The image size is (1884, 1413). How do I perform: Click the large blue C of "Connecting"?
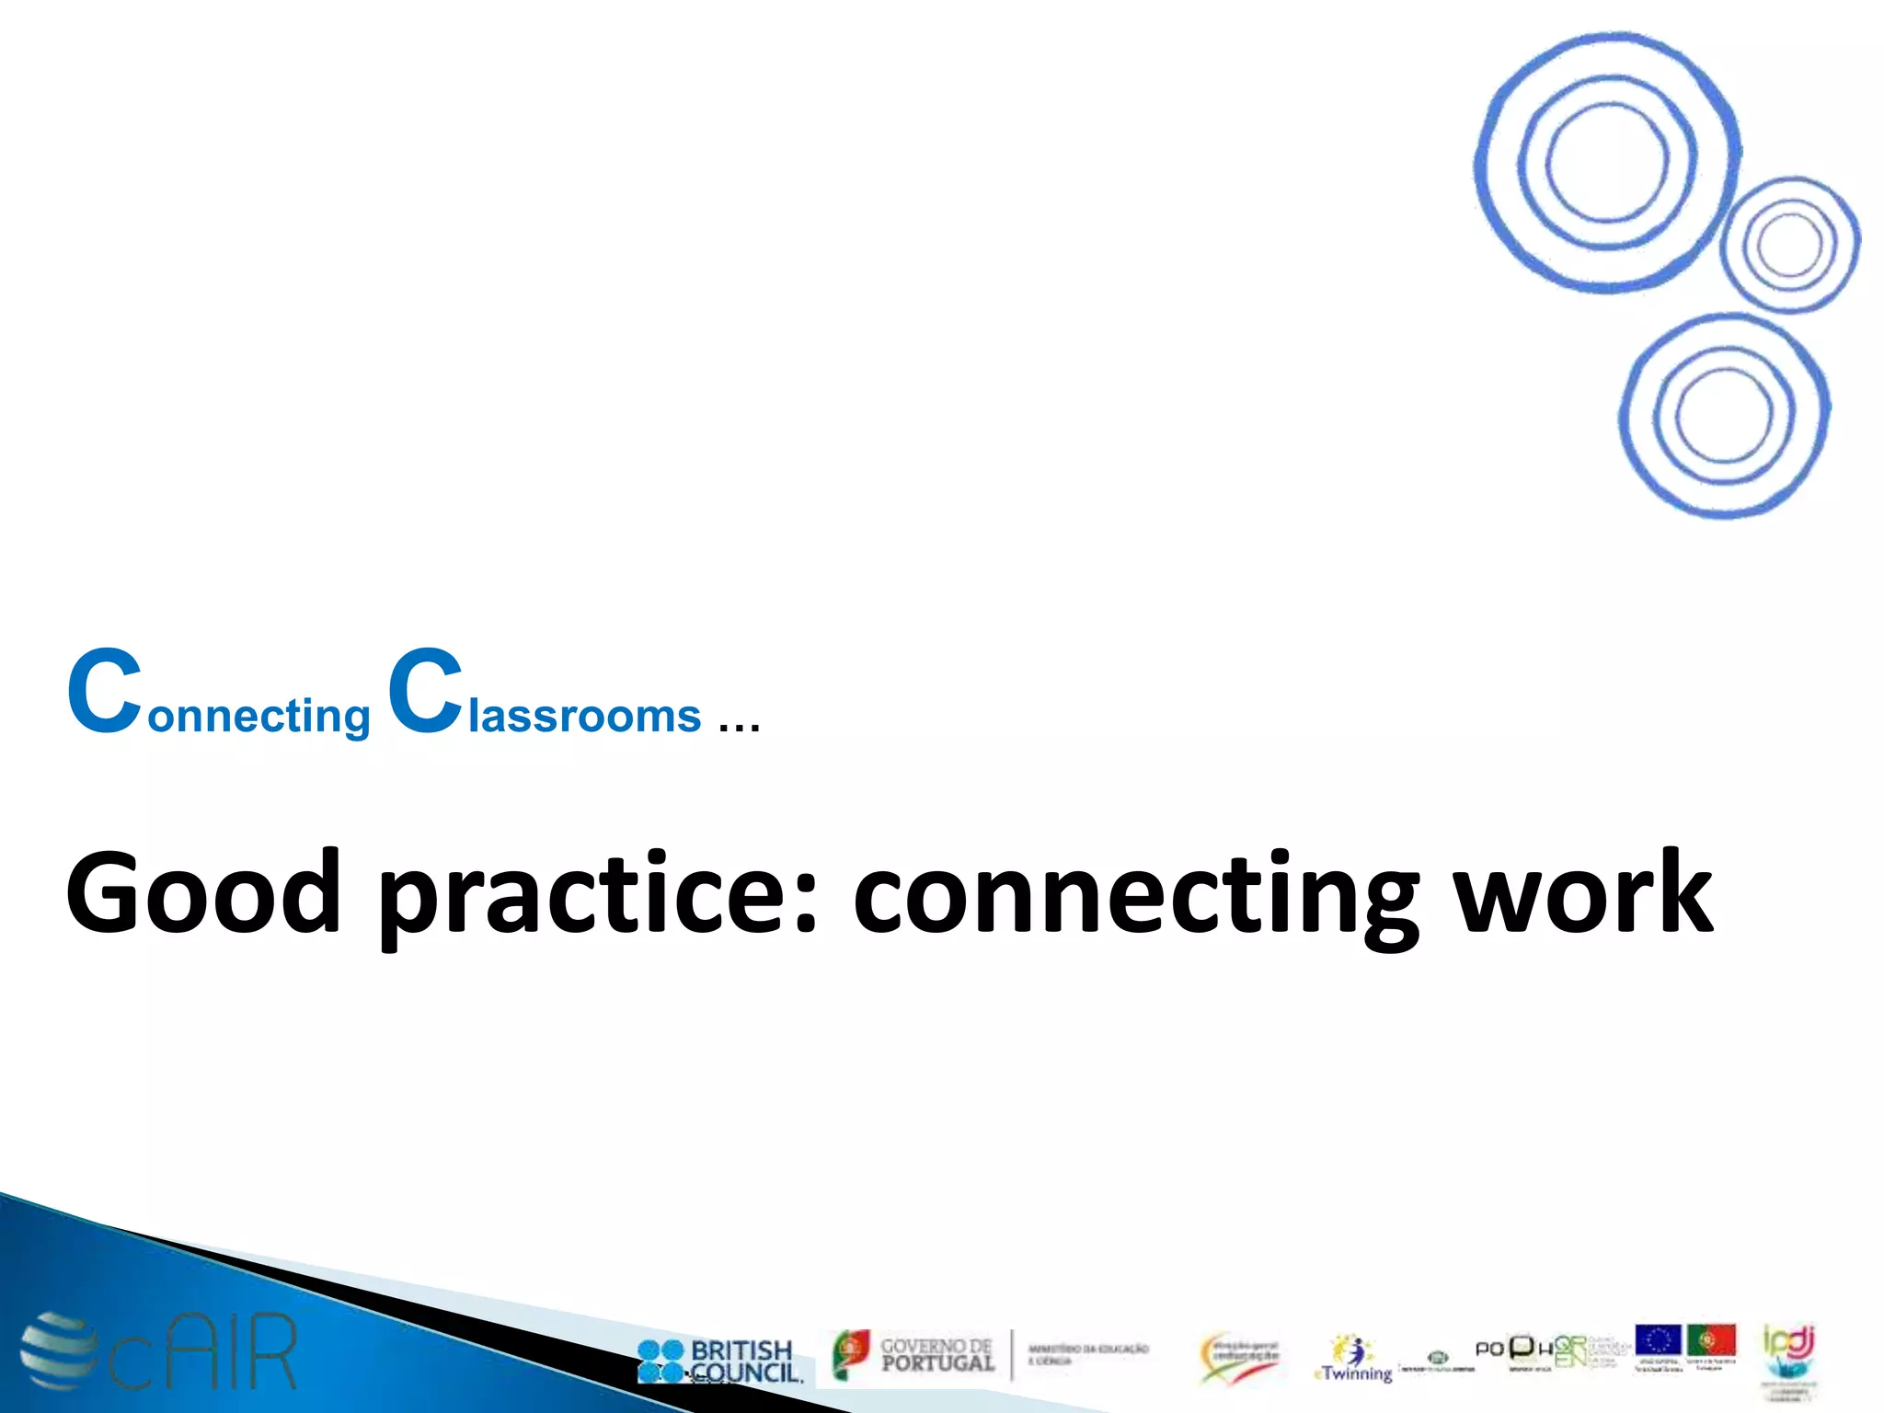click(x=105, y=692)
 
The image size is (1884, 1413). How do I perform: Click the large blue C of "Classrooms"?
click(x=425, y=692)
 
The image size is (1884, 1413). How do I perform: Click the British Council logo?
click(x=719, y=1361)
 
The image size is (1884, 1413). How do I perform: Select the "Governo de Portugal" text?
click(x=936, y=1355)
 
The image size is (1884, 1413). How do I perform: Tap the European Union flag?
click(x=1658, y=1340)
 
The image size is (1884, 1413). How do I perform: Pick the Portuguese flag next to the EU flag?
click(x=1711, y=1340)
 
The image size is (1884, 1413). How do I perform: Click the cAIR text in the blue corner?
click(x=204, y=1352)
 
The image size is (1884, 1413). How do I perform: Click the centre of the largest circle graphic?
click(x=1606, y=163)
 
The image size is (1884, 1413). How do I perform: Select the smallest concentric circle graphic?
click(x=1789, y=245)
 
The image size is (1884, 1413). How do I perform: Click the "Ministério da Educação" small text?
click(x=1087, y=1352)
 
